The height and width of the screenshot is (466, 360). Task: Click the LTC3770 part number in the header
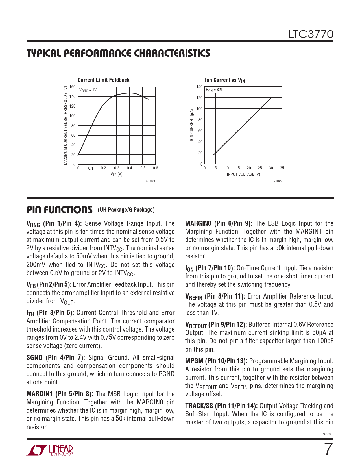311,34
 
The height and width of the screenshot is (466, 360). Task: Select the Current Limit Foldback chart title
103,80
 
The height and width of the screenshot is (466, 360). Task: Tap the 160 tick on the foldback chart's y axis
73,87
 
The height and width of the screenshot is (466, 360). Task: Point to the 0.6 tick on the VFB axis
155,168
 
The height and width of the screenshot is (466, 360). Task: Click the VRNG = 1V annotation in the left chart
88,90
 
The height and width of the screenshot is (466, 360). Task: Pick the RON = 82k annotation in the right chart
214,90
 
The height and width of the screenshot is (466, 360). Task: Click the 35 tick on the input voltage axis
282,168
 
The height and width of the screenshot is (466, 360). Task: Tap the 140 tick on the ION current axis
200,87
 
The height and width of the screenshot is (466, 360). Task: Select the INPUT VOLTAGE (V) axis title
243,174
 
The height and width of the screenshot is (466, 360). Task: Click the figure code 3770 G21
150,181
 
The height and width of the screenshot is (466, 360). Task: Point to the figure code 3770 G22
277,181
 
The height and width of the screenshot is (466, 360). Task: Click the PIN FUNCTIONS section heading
59,210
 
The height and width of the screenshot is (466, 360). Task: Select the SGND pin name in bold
34,358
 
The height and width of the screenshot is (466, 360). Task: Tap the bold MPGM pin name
194,361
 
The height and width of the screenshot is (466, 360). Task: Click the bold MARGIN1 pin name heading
39,394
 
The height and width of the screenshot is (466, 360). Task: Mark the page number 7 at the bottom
328,449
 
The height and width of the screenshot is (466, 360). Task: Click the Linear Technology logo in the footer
50,450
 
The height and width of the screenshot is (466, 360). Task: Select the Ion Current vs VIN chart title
225,80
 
